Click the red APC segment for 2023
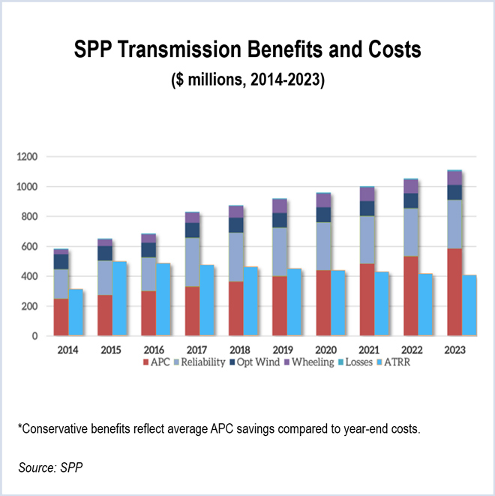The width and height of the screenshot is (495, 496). click(454, 293)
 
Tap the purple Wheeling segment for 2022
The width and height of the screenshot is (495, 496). click(411, 186)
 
